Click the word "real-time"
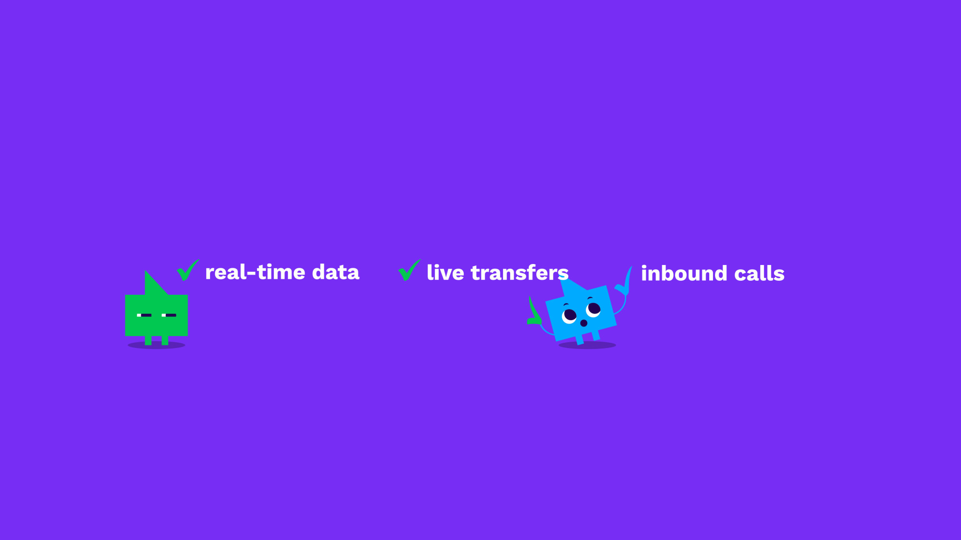click(255, 272)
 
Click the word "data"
click(335, 272)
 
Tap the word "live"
click(445, 272)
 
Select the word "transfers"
click(519, 272)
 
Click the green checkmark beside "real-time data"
click(188, 270)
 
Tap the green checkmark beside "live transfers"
click(409, 270)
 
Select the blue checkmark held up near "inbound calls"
click(624, 282)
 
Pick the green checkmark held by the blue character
click(534, 312)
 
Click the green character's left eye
click(144, 315)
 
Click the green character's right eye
click(169, 315)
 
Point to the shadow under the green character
click(157, 345)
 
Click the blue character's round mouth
click(584, 323)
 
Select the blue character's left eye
click(569, 316)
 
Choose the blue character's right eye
click(593, 310)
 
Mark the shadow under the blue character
click(587, 345)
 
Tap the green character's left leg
click(148, 340)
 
